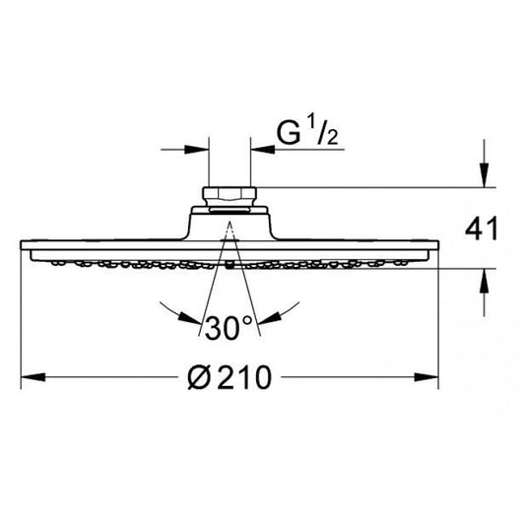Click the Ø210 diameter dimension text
tap(230, 377)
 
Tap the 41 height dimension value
tap(482, 230)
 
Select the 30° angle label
tap(229, 328)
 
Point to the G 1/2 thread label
tap(307, 132)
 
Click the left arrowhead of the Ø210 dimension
tap(33, 377)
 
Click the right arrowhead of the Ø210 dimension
tap(427, 377)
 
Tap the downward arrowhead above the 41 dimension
tap(484, 174)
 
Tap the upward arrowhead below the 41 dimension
tap(484, 282)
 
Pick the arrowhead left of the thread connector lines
tap(197, 150)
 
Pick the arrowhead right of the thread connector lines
tap(263, 150)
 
